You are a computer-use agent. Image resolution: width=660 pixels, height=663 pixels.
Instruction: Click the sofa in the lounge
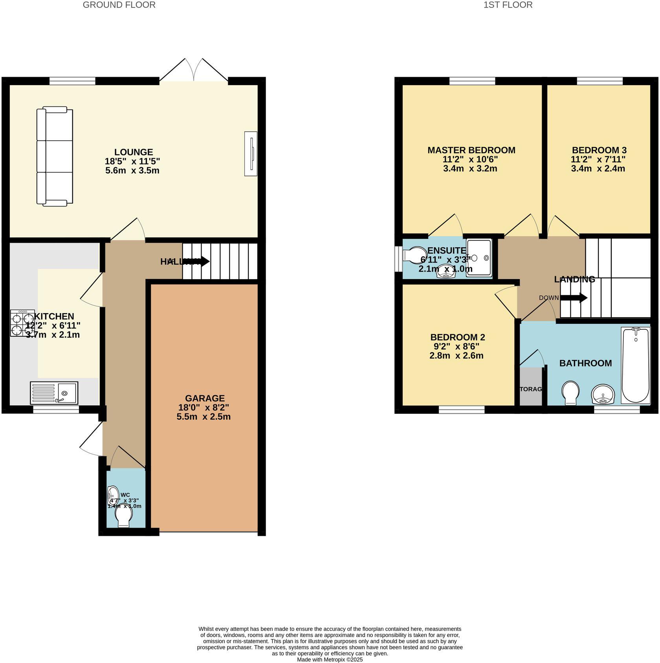[55, 156]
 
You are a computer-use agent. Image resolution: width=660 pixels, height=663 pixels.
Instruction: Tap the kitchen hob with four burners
[22, 323]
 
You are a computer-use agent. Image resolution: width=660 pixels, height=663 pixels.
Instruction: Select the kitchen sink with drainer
[54, 393]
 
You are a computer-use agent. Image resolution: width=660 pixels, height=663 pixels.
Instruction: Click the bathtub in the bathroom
[635, 365]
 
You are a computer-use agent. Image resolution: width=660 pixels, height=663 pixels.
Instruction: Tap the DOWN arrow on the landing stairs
[574, 298]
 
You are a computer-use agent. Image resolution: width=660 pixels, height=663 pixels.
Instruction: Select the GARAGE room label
[205, 398]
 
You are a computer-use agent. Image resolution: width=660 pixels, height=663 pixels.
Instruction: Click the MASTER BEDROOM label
[471, 150]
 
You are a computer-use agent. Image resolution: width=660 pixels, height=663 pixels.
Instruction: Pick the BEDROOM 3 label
[599, 150]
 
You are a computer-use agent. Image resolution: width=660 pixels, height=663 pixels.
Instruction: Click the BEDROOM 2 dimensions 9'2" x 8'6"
[457, 347]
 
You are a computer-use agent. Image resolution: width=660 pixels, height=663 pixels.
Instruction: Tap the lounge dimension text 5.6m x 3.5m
[132, 170]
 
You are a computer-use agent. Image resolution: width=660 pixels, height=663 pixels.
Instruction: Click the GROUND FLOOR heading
[119, 5]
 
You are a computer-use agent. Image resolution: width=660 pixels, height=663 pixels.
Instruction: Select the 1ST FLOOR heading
[508, 5]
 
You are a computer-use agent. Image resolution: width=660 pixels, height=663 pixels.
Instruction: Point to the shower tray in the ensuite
[479, 258]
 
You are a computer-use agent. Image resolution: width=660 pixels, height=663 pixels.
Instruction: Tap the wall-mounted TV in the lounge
[251, 153]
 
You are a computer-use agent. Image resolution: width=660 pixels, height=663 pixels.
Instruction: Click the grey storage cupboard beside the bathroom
[530, 387]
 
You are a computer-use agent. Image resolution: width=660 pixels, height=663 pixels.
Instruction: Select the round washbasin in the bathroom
[603, 394]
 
